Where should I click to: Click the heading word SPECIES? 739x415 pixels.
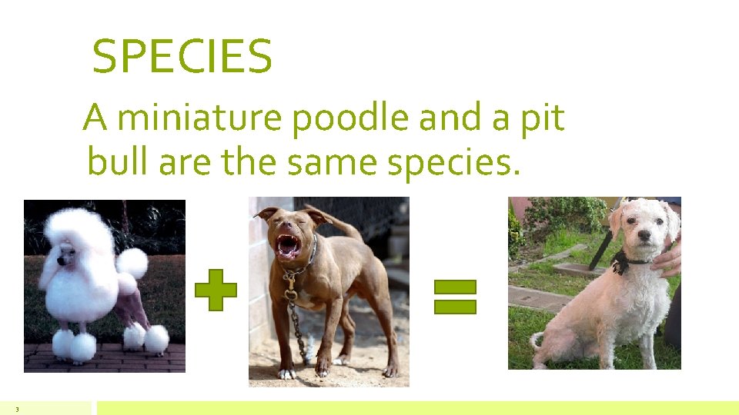pyautogui.click(x=182, y=57)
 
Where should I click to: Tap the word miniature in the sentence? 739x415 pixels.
pyautogui.click(x=202, y=118)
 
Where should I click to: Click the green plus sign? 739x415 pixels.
pyautogui.click(x=216, y=290)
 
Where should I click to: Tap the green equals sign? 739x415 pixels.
pyautogui.click(x=455, y=297)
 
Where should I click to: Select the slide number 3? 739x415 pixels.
pyautogui.click(x=16, y=409)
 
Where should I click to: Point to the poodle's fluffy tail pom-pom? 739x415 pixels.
pyautogui.click(x=133, y=263)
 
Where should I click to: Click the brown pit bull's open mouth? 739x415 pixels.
pyautogui.click(x=289, y=245)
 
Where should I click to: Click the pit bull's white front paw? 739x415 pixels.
pyautogui.click(x=286, y=373)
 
